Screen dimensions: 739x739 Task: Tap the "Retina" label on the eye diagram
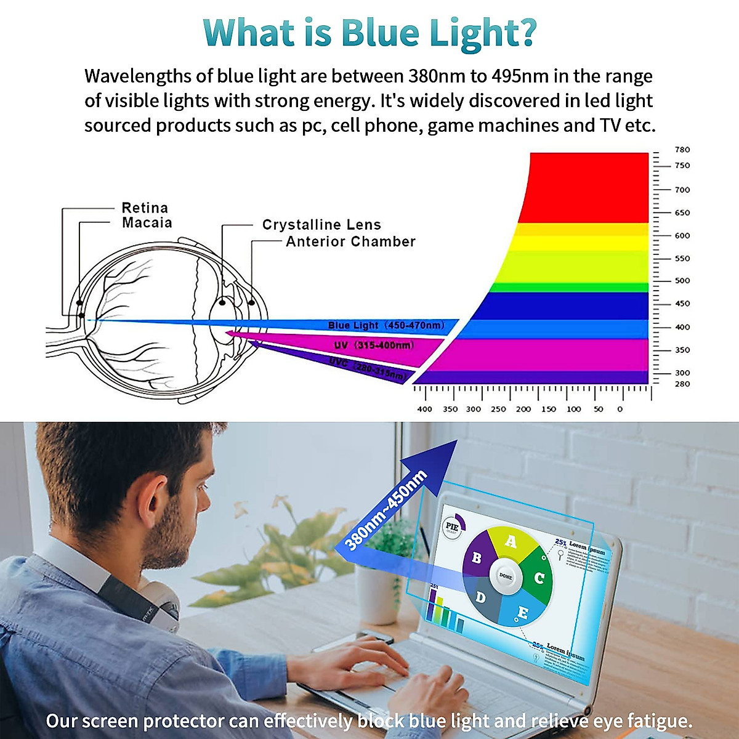coord(145,208)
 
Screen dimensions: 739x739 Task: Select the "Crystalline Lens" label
coord(321,225)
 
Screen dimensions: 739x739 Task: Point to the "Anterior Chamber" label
coord(350,241)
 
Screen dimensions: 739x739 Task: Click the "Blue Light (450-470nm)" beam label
coord(386,325)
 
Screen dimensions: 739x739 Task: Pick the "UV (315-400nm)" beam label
coord(374,345)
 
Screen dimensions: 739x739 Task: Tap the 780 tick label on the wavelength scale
coord(682,150)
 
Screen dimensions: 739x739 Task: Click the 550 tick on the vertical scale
coord(682,259)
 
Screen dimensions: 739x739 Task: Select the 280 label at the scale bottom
coord(682,384)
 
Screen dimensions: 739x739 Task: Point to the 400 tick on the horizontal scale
coord(424,409)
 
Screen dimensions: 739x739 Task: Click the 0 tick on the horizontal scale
coord(620,409)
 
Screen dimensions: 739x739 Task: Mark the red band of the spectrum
coord(585,185)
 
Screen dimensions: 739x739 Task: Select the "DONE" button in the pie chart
coord(506,577)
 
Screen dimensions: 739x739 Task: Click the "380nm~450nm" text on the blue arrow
coord(386,511)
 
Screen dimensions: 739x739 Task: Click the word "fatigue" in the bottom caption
coord(659,721)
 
